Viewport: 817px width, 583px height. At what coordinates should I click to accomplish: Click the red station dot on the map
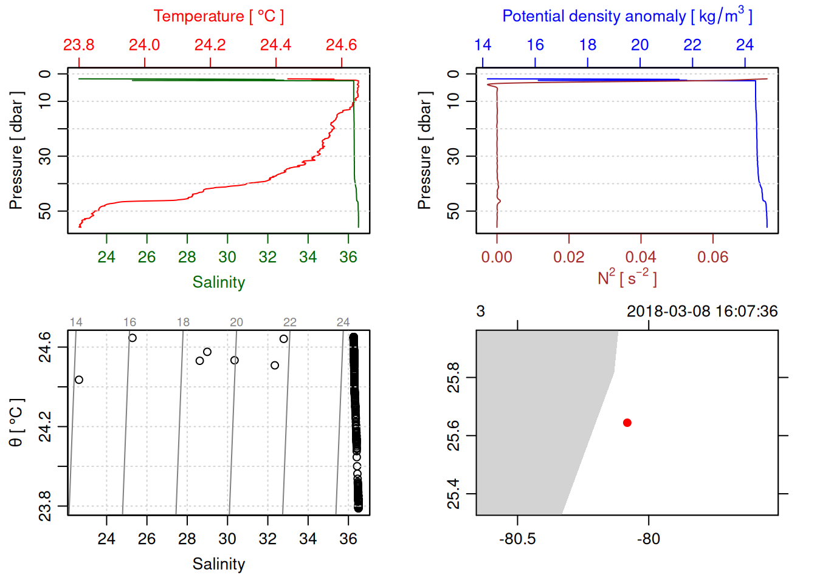[627, 423]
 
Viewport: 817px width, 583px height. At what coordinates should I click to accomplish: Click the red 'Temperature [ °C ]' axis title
[219, 16]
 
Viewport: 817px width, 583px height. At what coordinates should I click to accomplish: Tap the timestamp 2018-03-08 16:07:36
[702, 312]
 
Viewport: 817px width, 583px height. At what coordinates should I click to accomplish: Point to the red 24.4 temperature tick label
[275, 45]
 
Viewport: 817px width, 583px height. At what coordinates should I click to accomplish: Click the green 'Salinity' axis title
[219, 282]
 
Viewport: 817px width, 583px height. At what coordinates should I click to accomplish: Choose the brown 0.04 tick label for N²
[641, 257]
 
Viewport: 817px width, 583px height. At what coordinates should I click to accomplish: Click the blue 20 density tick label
[639, 45]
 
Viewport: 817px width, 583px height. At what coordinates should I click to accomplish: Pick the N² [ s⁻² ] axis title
[627, 278]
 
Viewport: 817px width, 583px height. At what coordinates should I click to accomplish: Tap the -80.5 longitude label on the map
[517, 539]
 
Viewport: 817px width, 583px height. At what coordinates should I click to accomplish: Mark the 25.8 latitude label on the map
[453, 378]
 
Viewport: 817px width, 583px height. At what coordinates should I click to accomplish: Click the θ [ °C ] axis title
[16, 423]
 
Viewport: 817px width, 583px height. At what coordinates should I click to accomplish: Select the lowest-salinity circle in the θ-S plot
[79, 380]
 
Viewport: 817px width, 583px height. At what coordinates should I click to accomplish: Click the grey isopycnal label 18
[184, 322]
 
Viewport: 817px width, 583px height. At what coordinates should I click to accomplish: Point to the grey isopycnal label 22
[290, 322]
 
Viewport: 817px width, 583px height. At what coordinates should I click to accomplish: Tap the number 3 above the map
[481, 312]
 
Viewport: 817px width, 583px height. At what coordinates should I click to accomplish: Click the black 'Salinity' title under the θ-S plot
[219, 564]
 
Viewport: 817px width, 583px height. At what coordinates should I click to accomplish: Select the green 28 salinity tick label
[187, 257]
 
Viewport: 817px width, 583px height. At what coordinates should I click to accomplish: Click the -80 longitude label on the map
[648, 539]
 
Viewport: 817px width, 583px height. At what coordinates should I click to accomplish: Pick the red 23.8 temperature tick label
[79, 45]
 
